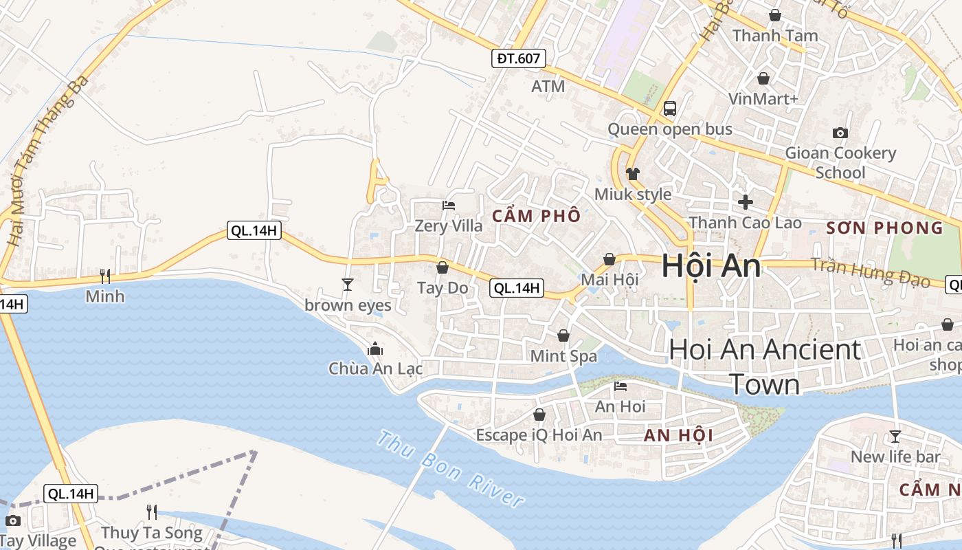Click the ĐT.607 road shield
click(x=519, y=58)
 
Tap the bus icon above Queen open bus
click(x=669, y=109)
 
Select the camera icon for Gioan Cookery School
click(x=840, y=133)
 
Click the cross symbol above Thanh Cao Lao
click(x=745, y=202)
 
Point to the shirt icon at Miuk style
click(x=632, y=173)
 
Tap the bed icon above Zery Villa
click(x=448, y=206)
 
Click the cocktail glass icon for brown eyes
click(x=348, y=284)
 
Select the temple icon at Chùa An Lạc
click(x=374, y=349)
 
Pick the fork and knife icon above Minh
click(x=105, y=276)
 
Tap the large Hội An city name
click(x=711, y=267)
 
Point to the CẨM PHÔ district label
click(x=537, y=216)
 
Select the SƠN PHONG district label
click(x=884, y=228)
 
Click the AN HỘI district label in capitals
click(x=678, y=435)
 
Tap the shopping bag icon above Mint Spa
click(x=563, y=335)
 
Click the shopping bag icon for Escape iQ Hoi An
click(x=539, y=415)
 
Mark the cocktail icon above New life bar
click(x=895, y=436)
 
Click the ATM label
click(x=548, y=87)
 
